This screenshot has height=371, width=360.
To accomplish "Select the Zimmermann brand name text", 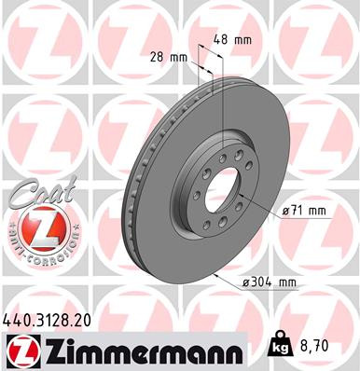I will [x=151, y=350].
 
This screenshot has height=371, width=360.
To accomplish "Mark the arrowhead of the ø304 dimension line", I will [x=215, y=276].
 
